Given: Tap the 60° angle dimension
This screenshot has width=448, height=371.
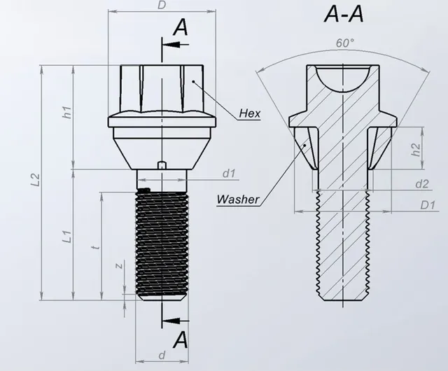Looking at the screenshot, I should tap(344, 43).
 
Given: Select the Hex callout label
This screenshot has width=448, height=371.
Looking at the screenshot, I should tap(249, 113).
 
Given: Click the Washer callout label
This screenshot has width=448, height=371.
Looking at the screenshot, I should tap(237, 199).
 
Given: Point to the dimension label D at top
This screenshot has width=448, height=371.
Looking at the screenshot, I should tap(162, 6).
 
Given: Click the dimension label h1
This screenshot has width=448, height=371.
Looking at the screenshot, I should tap(66, 112).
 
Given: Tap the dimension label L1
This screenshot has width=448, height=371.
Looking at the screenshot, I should tap(66, 237).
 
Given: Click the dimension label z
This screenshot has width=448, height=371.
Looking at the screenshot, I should tap(119, 265).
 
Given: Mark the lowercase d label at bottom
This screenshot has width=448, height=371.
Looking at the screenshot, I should tap(162, 356).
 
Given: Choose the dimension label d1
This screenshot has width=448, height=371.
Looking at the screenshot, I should tap(229, 172).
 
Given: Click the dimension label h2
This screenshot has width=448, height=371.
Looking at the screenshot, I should tap(414, 148).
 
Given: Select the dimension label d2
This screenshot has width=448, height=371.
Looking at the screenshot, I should tap(421, 184).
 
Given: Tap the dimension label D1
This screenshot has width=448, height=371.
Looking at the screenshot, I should tap(424, 204).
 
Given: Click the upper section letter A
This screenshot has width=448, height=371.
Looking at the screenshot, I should tap(181, 27).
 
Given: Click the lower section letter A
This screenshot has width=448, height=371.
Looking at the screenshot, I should tap(181, 340).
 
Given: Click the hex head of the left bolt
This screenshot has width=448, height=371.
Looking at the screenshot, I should tap(162, 87).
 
